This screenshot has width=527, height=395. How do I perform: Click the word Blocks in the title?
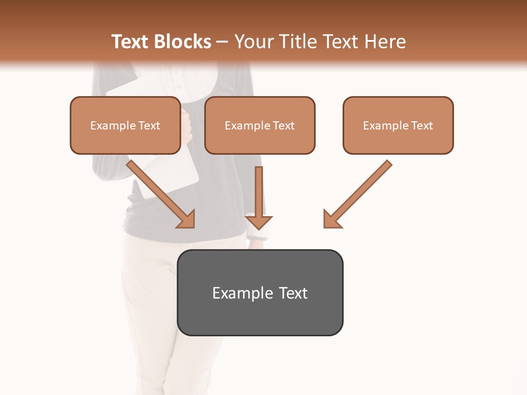[183, 42]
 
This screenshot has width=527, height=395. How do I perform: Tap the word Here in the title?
[384, 42]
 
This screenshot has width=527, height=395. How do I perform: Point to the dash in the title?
[223, 42]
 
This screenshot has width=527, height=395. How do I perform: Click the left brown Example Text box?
[125, 125]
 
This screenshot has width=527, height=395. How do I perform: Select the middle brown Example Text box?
[260, 125]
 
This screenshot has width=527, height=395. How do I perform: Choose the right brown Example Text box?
[398, 125]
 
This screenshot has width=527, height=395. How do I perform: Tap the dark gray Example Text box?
[260, 292]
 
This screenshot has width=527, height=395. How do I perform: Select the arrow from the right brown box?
[360, 192]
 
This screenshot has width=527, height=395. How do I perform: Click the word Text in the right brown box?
[422, 126]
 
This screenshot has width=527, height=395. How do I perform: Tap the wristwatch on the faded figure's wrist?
[257, 236]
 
